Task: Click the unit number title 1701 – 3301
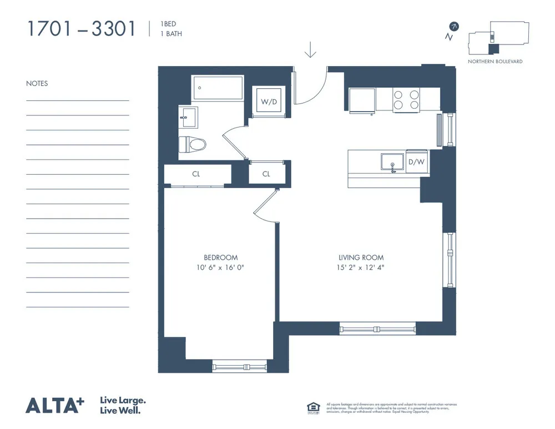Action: [81, 29]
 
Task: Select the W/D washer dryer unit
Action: [269, 102]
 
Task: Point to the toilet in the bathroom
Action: [192, 144]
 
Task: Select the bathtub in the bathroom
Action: [218, 88]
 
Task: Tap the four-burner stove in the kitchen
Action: [406, 99]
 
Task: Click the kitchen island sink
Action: [393, 162]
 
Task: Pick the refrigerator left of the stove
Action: [362, 100]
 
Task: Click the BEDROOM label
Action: [220, 258]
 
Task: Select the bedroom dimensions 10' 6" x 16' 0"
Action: [220, 268]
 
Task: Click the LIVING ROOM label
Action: [361, 258]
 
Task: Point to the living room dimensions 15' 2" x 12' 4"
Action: [361, 268]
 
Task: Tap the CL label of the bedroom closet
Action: [196, 174]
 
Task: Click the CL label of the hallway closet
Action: [266, 174]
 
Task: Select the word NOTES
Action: [37, 84]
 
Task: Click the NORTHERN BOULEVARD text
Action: [495, 62]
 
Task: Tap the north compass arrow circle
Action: [455, 26]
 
